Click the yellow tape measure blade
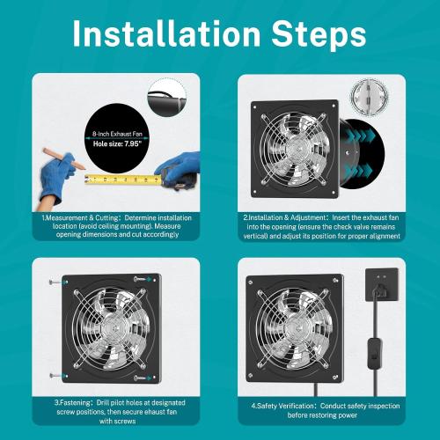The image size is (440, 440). tap(123, 180)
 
